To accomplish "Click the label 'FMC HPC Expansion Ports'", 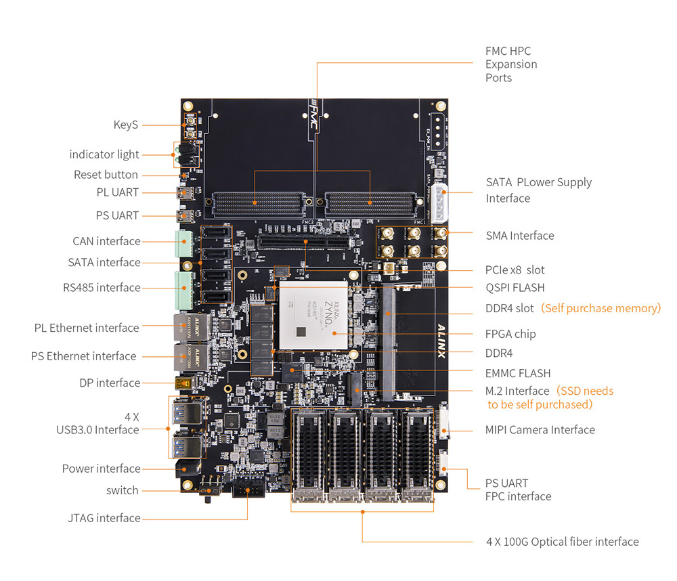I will (x=511, y=64).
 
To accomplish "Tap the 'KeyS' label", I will (x=126, y=125).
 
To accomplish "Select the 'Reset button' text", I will (x=106, y=175).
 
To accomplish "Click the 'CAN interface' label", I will (x=106, y=241).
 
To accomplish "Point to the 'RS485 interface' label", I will (x=102, y=287).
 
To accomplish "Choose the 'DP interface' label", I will (x=110, y=383).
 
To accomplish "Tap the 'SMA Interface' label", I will (x=519, y=236).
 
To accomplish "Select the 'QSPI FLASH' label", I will (x=515, y=287).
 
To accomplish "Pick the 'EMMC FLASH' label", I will (x=518, y=373).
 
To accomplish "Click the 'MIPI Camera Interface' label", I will (x=540, y=429).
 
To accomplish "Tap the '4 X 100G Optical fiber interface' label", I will (x=562, y=541).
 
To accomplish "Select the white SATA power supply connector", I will (x=439, y=202).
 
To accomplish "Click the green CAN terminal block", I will (x=183, y=242).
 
